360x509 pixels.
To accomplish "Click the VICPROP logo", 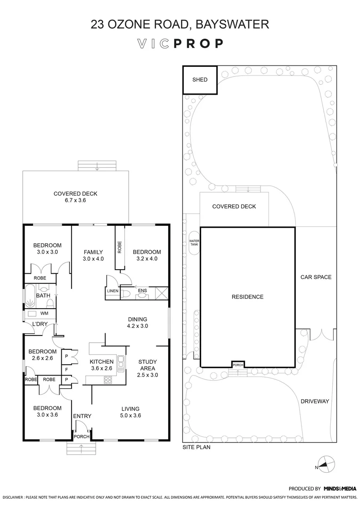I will (180, 44).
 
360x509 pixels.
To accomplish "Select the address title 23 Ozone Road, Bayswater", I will (180, 24).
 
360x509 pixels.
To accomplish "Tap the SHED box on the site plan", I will (200, 80).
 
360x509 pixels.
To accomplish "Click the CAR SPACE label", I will (316, 277).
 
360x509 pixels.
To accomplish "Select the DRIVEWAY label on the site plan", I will (315, 402).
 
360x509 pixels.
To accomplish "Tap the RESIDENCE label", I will (247, 297).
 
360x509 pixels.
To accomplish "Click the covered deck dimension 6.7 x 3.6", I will (75, 200).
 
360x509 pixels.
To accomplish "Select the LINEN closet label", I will (112, 291).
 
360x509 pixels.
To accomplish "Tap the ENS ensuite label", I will (142, 291).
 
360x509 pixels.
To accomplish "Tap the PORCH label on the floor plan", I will (81, 436).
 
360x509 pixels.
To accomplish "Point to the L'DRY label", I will (38, 324).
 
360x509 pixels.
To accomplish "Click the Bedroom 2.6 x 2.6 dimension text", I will (42, 358).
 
